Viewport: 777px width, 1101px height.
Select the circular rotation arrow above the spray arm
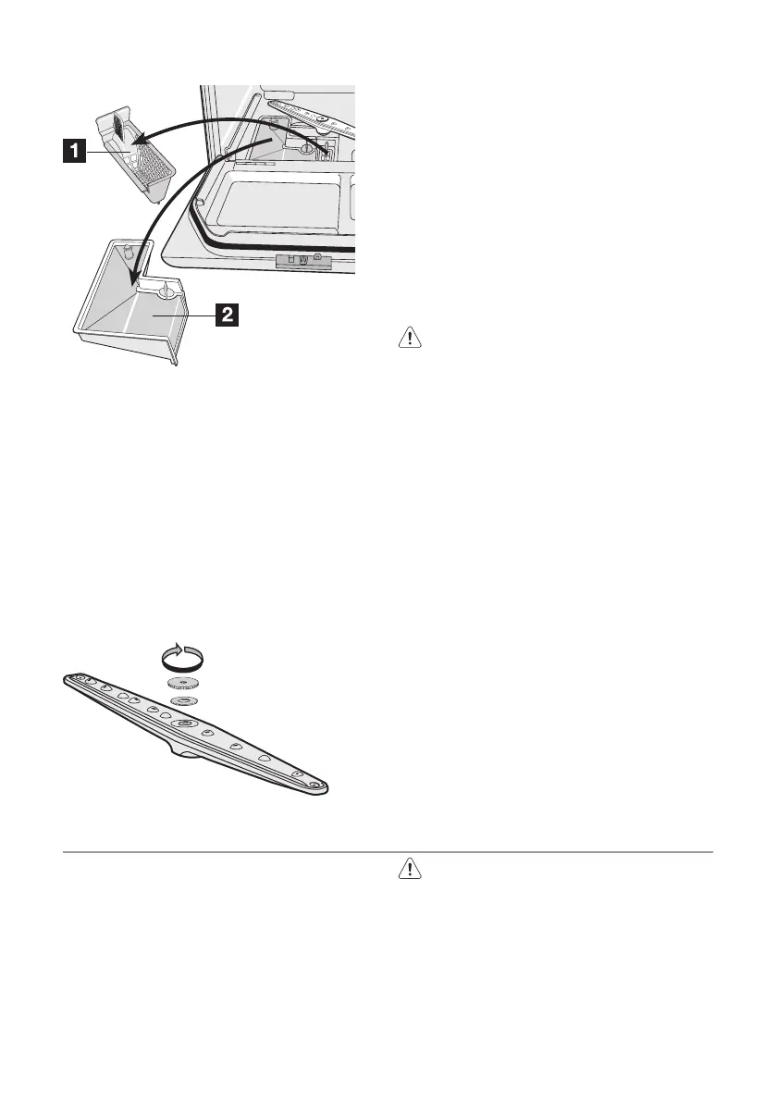point(181,658)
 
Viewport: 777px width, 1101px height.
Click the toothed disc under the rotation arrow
point(184,684)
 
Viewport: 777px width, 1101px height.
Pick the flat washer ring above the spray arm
point(185,701)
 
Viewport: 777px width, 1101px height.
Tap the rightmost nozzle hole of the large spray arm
point(296,773)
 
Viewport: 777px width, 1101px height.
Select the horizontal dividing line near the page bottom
point(388,851)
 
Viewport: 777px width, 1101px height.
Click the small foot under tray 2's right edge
point(173,363)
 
